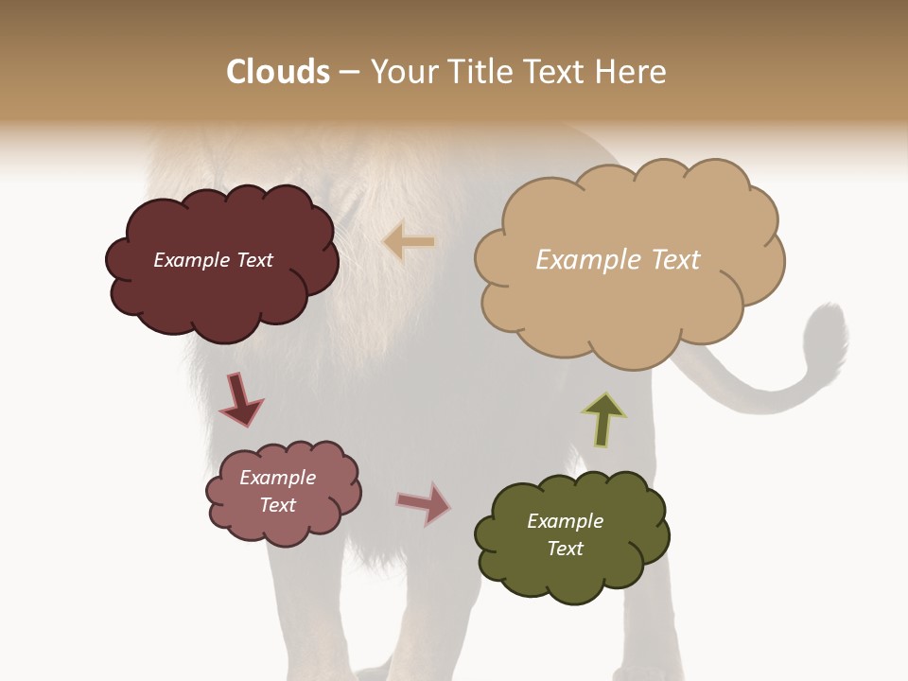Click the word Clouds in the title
coord(279,72)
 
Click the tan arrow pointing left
coord(409,242)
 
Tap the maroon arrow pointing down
coord(240,400)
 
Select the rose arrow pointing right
coord(424,503)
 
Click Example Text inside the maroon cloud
coord(213,260)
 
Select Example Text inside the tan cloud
coord(618,259)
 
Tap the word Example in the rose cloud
coord(277,478)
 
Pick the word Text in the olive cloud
coord(565,549)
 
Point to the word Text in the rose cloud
coord(277,505)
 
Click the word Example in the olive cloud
coord(565,521)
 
